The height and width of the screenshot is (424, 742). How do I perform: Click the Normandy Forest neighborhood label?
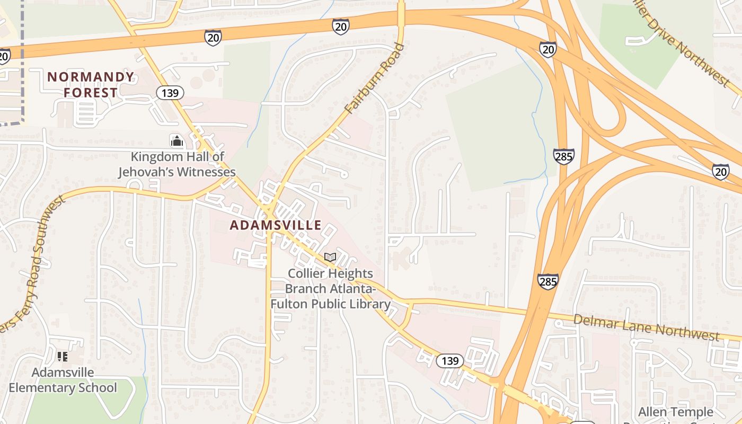(91, 85)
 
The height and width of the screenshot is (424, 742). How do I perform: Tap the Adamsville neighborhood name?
(276, 225)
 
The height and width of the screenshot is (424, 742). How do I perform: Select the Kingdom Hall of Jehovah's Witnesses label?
(177, 164)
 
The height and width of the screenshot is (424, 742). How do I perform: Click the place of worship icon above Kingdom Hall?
(176, 141)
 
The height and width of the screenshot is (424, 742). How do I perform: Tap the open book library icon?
(330, 258)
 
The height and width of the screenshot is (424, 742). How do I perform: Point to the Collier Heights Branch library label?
(330, 289)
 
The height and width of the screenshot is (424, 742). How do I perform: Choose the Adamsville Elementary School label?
(63, 380)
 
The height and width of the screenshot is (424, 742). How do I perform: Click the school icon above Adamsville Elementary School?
(63, 357)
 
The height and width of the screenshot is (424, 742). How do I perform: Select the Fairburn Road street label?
(374, 78)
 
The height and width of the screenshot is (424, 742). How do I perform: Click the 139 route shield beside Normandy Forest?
(170, 93)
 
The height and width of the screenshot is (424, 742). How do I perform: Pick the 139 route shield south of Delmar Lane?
(449, 361)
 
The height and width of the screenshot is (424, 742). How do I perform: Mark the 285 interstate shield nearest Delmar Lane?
(547, 281)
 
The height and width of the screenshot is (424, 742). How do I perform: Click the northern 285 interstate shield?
(563, 156)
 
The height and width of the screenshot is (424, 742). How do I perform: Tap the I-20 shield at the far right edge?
(720, 172)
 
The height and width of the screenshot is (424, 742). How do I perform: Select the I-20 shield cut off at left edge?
(4, 56)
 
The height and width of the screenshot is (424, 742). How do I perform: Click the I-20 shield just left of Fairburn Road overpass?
(341, 26)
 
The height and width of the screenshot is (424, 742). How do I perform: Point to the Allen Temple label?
(675, 412)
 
